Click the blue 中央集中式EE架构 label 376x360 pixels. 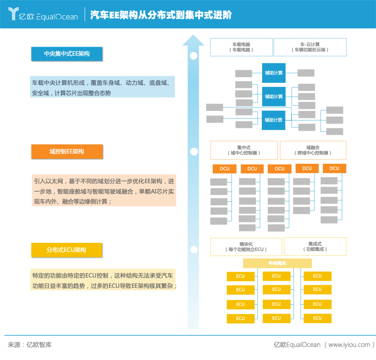pyautogui.click(x=66, y=54)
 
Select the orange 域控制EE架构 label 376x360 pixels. pyautogui.click(x=66, y=152)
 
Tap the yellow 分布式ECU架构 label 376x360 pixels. pyautogui.click(x=66, y=250)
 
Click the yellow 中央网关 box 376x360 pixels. pyautogui.click(x=277, y=263)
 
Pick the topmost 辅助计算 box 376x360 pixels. pyautogui.click(x=274, y=73)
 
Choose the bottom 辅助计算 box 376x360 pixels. pyautogui.click(x=274, y=120)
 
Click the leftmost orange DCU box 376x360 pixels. pyautogui.click(x=225, y=169)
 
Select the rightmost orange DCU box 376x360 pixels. pyautogui.click(x=334, y=168)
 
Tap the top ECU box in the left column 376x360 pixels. pyautogui.click(x=241, y=277)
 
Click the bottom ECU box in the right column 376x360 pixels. pyautogui.click(x=317, y=318)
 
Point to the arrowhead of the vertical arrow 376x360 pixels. pyautogui.click(x=193, y=40)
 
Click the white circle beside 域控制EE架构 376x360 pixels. pyautogui.click(x=194, y=152)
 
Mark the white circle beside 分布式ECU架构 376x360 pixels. pyautogui.click(x=194, y=250)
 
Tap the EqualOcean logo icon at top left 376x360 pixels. pyautogui.click(x=13, y=14)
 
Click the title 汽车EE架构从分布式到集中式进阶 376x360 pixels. pyautogui.click(x=161, y=15)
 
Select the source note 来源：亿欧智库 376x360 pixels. pyautogui.click(x=30, y=345)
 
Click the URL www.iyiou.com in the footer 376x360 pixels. pyautogui.click(x=349, y=345)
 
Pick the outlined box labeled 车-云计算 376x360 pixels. pyautogui.click(x=310, y=47)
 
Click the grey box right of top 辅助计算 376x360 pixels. pyautogui.click(x=306, y=73)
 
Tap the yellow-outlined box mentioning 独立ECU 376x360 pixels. pyautogui.click(x=246, y=247)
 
